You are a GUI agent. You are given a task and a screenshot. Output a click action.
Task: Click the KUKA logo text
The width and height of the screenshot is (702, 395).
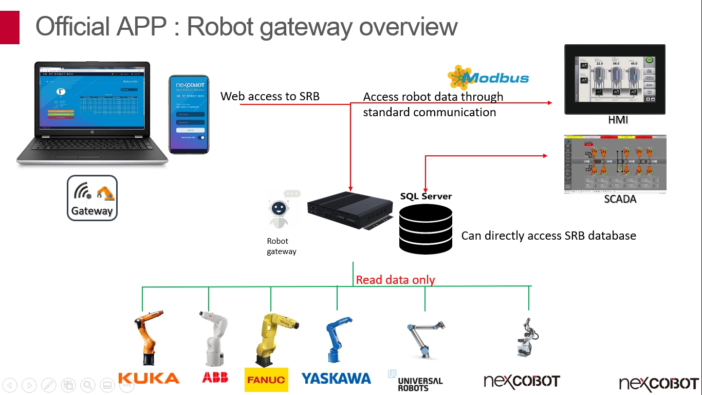point(149,378)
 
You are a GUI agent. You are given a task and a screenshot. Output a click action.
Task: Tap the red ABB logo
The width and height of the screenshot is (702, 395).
point(215,378)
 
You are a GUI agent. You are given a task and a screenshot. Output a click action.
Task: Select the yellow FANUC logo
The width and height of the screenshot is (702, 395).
point(266,380)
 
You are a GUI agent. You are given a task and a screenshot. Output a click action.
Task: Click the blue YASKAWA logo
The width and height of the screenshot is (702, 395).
point(336,379)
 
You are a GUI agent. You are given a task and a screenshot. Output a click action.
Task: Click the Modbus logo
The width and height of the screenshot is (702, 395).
point(488,78)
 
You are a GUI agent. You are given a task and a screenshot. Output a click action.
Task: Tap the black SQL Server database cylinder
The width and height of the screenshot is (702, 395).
point(426,229)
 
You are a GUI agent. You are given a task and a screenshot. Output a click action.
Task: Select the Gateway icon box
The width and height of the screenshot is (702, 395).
point(92,198)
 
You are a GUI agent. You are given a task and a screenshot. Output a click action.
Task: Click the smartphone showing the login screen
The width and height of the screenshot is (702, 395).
point(189,114)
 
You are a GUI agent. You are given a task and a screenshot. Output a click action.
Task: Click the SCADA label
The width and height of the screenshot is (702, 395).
point(620,199)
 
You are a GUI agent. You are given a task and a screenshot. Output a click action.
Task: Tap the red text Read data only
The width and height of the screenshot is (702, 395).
point(395,280)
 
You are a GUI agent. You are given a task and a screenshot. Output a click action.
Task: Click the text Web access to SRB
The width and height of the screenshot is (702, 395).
point(270,96)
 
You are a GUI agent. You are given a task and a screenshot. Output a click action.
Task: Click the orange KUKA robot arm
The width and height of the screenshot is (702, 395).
point(147,337)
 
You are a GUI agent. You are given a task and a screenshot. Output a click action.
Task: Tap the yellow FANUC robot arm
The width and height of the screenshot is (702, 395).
point(272,337)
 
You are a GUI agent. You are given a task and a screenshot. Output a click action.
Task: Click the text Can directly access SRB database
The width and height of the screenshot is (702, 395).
point(548,236)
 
